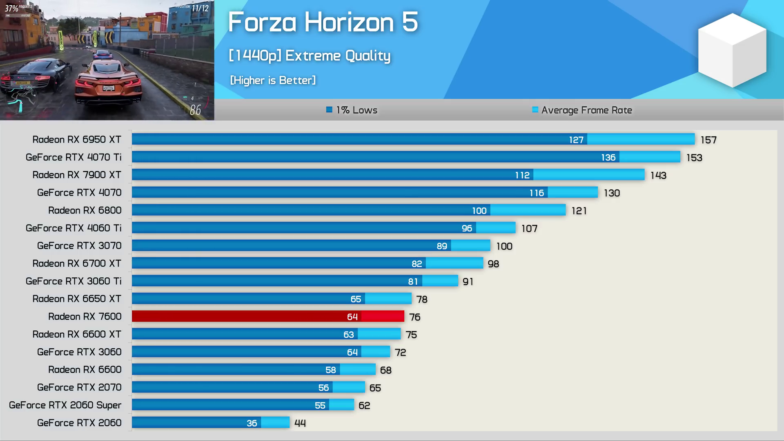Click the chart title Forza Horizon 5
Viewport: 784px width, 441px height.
[x=323, y=22]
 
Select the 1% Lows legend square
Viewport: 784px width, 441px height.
[x=329, y=109]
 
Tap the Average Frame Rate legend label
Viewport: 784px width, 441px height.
[x=586, y=110]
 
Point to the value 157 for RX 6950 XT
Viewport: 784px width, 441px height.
[x=708, y=140]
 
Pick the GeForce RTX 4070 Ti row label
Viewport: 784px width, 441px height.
[x=73, y=157]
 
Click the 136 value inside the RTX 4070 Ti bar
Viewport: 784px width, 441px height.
[x=608, y=158]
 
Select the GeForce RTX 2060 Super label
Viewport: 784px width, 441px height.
[x=65, y=405]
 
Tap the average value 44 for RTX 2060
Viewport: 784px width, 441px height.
[x=300, y=423]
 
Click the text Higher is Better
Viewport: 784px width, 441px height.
[x=273, y=80]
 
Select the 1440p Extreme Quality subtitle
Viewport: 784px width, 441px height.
[x=310, y=56]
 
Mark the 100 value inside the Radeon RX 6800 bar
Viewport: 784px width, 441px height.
[x=479, y=211]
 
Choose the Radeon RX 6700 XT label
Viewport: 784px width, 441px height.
[x=77, y=263]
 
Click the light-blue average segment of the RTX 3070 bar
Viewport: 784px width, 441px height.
[x=470, y=246]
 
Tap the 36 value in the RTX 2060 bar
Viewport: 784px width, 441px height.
[x=252, y=423]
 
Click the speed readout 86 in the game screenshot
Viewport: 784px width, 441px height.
[x=195, y=110]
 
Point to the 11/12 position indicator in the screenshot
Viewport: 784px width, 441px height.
[x=200, y=8]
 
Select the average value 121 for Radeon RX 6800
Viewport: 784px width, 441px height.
[x=579, y=211]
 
